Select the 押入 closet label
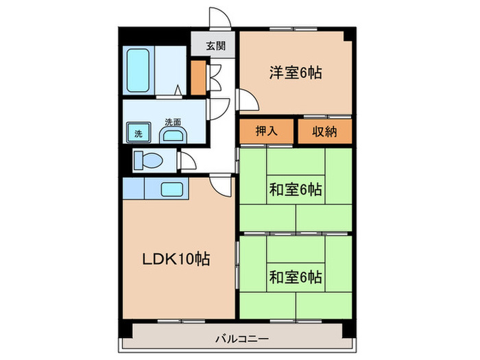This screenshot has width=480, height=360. (x=267, y=131)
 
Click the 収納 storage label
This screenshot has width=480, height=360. (x=324, y=131)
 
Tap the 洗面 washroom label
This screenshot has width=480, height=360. (x=172, y=121)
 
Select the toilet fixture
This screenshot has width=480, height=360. (x=147, y=161)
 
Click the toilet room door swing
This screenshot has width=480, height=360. (x=187, y=160)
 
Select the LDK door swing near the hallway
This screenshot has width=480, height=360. (x=221, y=184)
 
